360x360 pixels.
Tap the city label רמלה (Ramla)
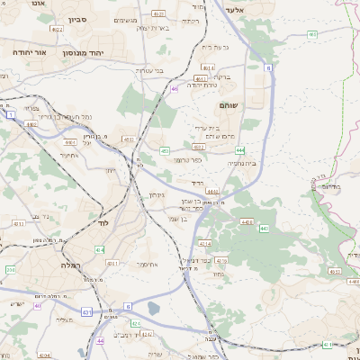coord(69,265)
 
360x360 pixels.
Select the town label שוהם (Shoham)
coord(228,105)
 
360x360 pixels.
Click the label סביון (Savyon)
coord(78,18)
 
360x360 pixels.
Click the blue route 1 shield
coord(10,115)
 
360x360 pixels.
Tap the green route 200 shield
coord(10,269)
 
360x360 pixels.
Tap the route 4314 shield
coord(204,243)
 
